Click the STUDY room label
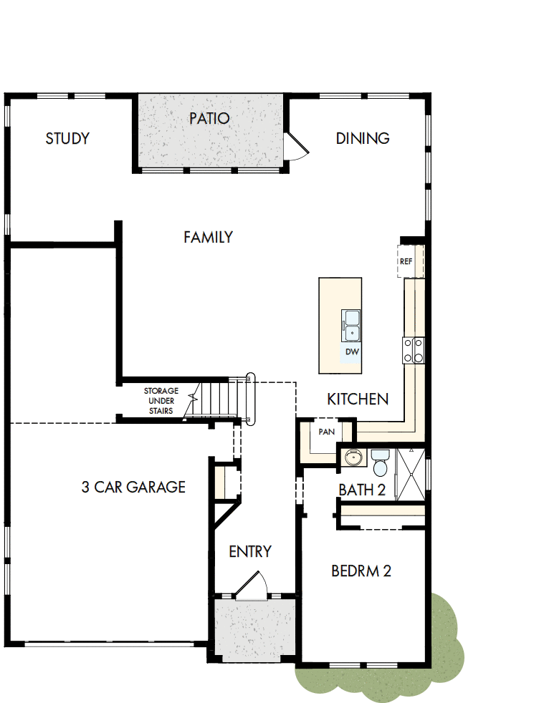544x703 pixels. (67, 138)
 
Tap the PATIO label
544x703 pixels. (209, 117)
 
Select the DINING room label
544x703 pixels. (363, 138)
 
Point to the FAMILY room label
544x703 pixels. (208, 237)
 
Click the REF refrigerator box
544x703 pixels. (406, 261)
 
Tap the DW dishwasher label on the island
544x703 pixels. (351, 352)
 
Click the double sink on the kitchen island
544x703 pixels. (351, 325)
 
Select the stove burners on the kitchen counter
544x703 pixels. (414, 350)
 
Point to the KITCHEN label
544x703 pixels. (358, 399)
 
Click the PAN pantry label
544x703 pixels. (327, 432)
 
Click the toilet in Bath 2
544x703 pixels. (379, 462)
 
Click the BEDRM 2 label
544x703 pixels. (361, 571)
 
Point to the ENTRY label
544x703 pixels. (250, 551)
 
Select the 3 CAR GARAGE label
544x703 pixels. (133, 488)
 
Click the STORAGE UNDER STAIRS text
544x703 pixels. (161, 401)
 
